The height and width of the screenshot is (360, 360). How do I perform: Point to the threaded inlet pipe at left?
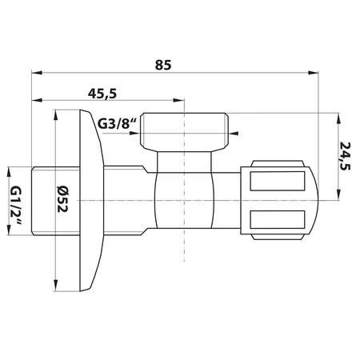(49, 199)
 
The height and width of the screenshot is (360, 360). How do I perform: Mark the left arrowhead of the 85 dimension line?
(34, 73)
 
